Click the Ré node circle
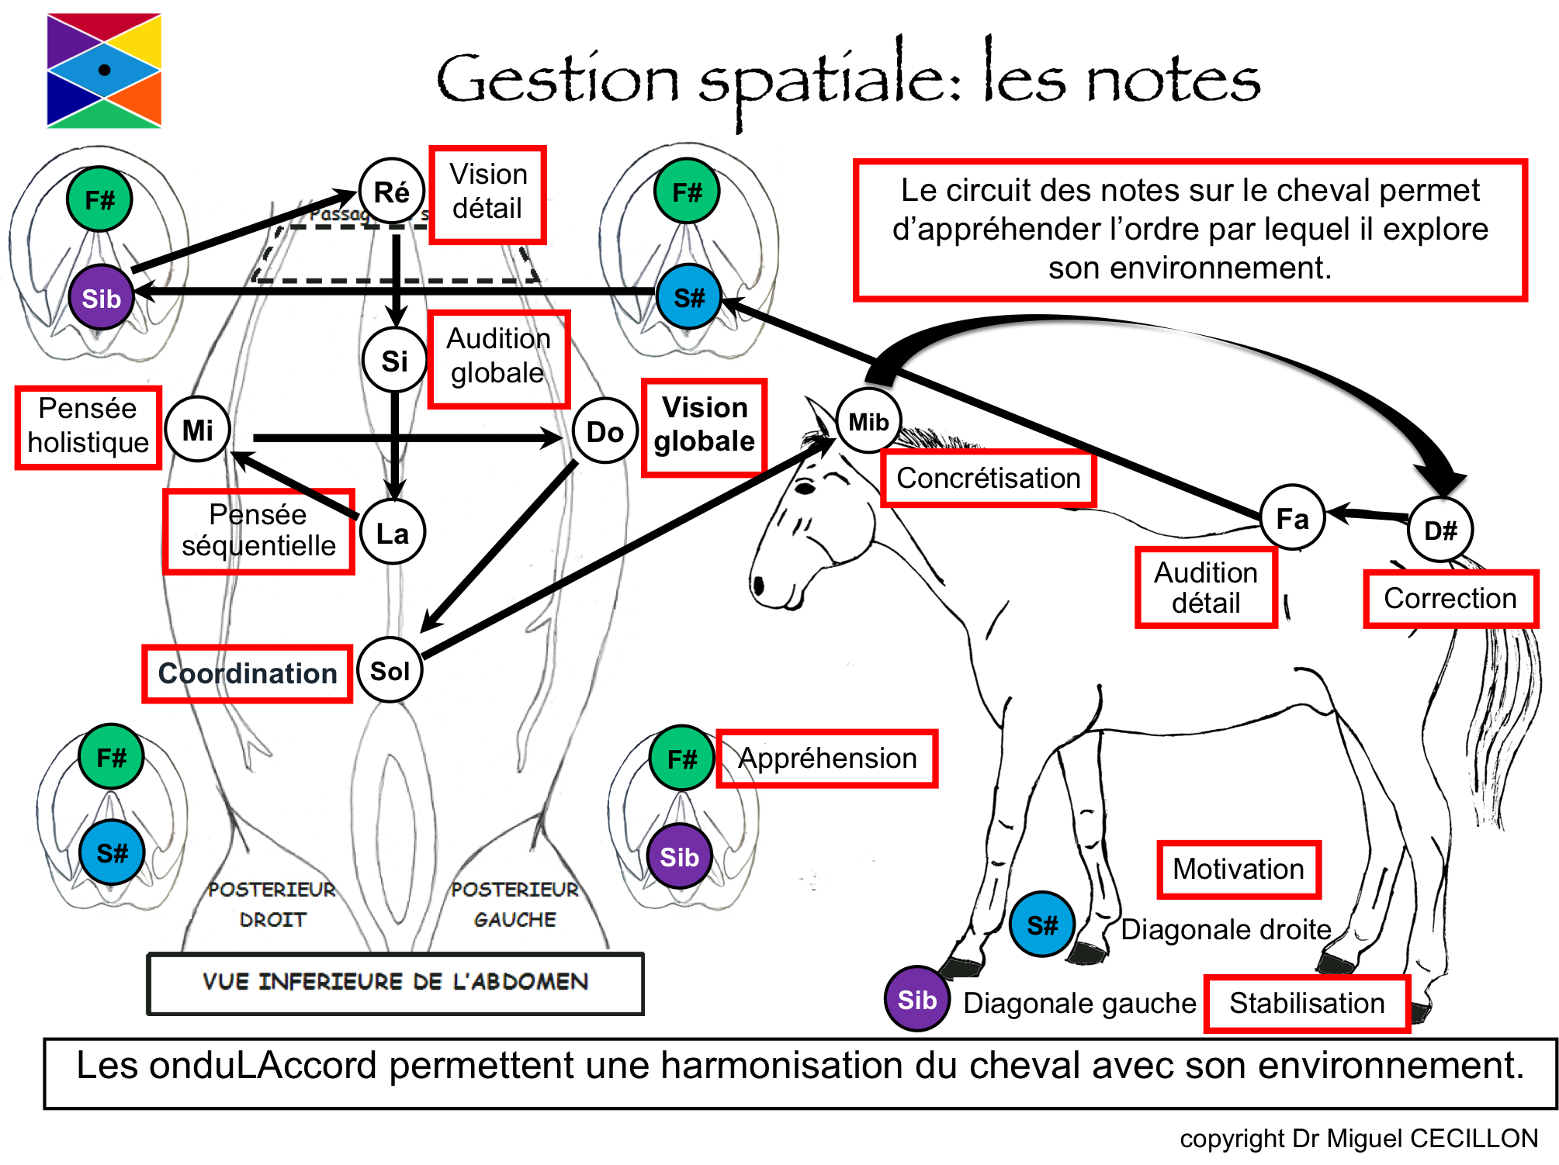392,192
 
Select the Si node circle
394,361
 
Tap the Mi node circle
198,430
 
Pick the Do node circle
605,432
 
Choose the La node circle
393,533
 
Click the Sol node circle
390,671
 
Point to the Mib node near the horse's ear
868,422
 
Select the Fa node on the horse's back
1292,518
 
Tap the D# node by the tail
1440,531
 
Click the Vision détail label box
488,194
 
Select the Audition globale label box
499,358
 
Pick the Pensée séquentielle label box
258,531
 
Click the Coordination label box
248,673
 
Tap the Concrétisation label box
988,478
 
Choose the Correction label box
1450,598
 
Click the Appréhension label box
827,758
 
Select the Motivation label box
1239,869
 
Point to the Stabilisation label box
1307,1003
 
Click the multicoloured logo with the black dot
104,70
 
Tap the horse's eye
805,488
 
